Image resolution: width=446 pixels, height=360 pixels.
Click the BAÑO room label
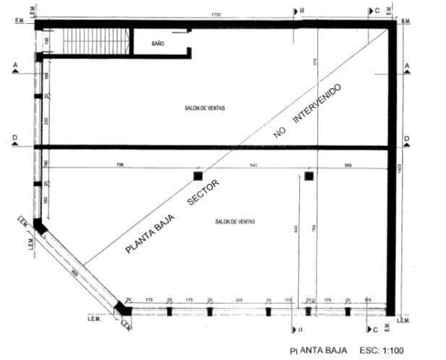[158, 44]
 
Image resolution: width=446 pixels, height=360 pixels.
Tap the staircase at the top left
[95, 41]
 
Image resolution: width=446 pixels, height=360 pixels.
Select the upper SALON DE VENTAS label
[205, 108]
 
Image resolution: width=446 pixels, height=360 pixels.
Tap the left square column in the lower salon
[197, 176]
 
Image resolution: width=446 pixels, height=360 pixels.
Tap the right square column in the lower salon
[309, 176]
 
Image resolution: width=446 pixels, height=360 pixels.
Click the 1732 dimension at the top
[215, 14]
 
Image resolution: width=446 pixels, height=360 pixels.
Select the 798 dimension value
[119, 166]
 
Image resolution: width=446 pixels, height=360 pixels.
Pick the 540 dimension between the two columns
[253, 166]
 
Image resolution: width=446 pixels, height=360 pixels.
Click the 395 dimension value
[348, 166]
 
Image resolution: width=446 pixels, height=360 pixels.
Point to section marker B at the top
[299, 10]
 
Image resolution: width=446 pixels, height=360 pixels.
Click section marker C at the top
[374, 11]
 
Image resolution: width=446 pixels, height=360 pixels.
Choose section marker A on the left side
[14, 67]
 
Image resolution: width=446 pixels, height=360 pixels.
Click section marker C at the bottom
[374, 330]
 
